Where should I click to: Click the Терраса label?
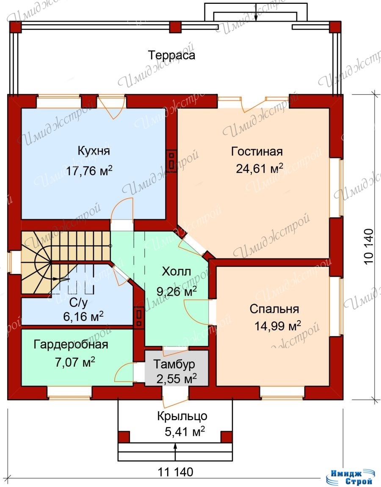click(172, 55)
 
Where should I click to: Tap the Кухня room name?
click(94, 151)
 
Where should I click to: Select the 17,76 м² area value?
click(89, 171)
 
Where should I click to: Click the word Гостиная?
click(257, 152)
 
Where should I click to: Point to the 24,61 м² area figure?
click(260, 169)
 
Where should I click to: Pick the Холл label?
click(177, 272)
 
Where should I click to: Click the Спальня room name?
click(274, 309)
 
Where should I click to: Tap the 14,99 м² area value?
click(278, 326)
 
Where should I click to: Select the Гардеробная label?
click(71, 345)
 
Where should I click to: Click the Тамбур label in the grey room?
click(174, 364)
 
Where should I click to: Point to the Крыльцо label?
click(182, 416)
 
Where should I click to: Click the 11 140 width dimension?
click(175, 472)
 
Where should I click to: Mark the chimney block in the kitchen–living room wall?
click(171, 159)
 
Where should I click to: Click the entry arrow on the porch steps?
click(175, 451)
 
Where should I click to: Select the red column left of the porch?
click(124, 437)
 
